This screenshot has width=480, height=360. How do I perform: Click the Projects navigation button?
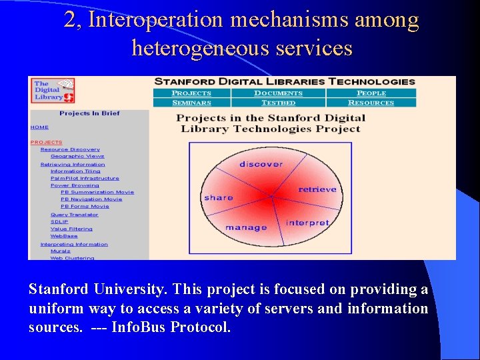pos(191,93)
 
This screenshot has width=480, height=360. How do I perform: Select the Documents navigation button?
pos(278,93)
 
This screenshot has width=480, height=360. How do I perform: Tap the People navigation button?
pos(371,93)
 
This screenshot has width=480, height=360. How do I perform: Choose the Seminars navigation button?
pos(191,103)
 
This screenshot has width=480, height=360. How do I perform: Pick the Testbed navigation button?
pos(278,103)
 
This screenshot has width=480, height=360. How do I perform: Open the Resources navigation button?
pos(371,103)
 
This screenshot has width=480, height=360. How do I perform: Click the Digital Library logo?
pos(53,90)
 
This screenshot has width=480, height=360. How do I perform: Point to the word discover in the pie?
pos(261,164)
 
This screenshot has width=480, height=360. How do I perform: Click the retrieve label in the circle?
pos(317,189)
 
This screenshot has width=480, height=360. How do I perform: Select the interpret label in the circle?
pos(307,222)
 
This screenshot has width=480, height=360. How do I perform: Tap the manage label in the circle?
pos(246,227)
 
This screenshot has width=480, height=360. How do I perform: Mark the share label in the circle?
pos(219,197)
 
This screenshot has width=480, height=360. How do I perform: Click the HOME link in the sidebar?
pos(39,127)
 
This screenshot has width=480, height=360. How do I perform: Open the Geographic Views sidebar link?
pos(77,156)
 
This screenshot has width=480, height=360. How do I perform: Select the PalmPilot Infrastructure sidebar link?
pos(85,178)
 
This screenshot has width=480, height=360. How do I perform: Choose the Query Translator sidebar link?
pos(74,215)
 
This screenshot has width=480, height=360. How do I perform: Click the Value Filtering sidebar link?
pos(71,229)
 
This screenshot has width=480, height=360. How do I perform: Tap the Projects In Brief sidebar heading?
pos(89,113)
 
